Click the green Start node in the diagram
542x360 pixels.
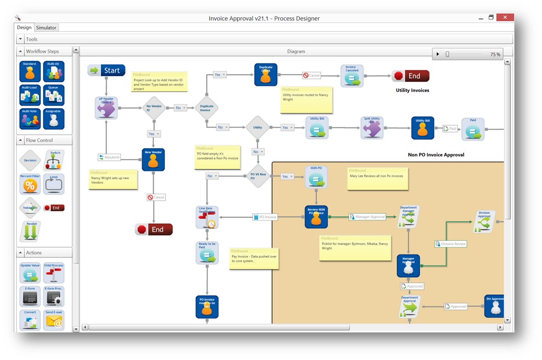pos(107,70)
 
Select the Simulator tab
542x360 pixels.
pos(46,28)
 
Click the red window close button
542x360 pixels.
pos(505,17)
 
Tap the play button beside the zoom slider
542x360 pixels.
pos(438,54)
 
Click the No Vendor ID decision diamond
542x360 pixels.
pos(154,108)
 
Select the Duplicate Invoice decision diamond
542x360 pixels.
pos(206,108)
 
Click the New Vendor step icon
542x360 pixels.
pos(153,160)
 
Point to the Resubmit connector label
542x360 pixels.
pos(109,157)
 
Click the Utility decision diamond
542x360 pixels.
pos(258,128)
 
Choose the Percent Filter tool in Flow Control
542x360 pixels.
pos(30,184)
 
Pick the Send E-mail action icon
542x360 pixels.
pos(54,320)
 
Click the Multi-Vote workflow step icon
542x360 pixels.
pos(30,119)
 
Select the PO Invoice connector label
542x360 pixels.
pos(265,217)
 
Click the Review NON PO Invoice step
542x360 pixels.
pos(316,217)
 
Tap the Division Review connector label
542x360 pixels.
pos(451,244)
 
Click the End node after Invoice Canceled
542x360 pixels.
pos(410,76)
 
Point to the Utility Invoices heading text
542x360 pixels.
pos(412,90)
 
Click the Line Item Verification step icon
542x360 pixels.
pos(207,217)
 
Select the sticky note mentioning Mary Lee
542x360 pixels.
pos(377,178)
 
